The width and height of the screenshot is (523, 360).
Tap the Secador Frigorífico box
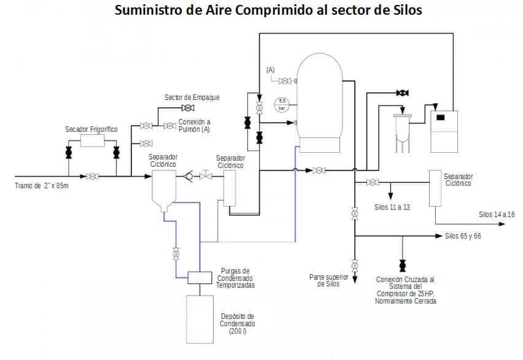[92, 141]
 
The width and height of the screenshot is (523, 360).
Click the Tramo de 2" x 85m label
[42, 186]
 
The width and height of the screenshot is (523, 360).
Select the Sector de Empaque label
[192, 98]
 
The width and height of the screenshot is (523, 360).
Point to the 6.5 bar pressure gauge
[282, 104]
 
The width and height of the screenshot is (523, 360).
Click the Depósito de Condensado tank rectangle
[200, 320]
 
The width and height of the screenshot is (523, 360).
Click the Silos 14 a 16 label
[497, 214]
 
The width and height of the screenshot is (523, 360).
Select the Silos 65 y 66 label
[463, 236]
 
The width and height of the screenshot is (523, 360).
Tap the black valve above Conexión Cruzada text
[402, 266]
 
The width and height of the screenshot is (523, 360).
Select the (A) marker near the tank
[271, 71]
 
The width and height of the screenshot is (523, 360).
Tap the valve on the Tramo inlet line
[92, 177]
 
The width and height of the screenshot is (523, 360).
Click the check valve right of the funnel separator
[188, 177]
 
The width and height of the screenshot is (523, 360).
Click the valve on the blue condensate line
[176, 253]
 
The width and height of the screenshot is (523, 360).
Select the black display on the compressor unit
[440, 117]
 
